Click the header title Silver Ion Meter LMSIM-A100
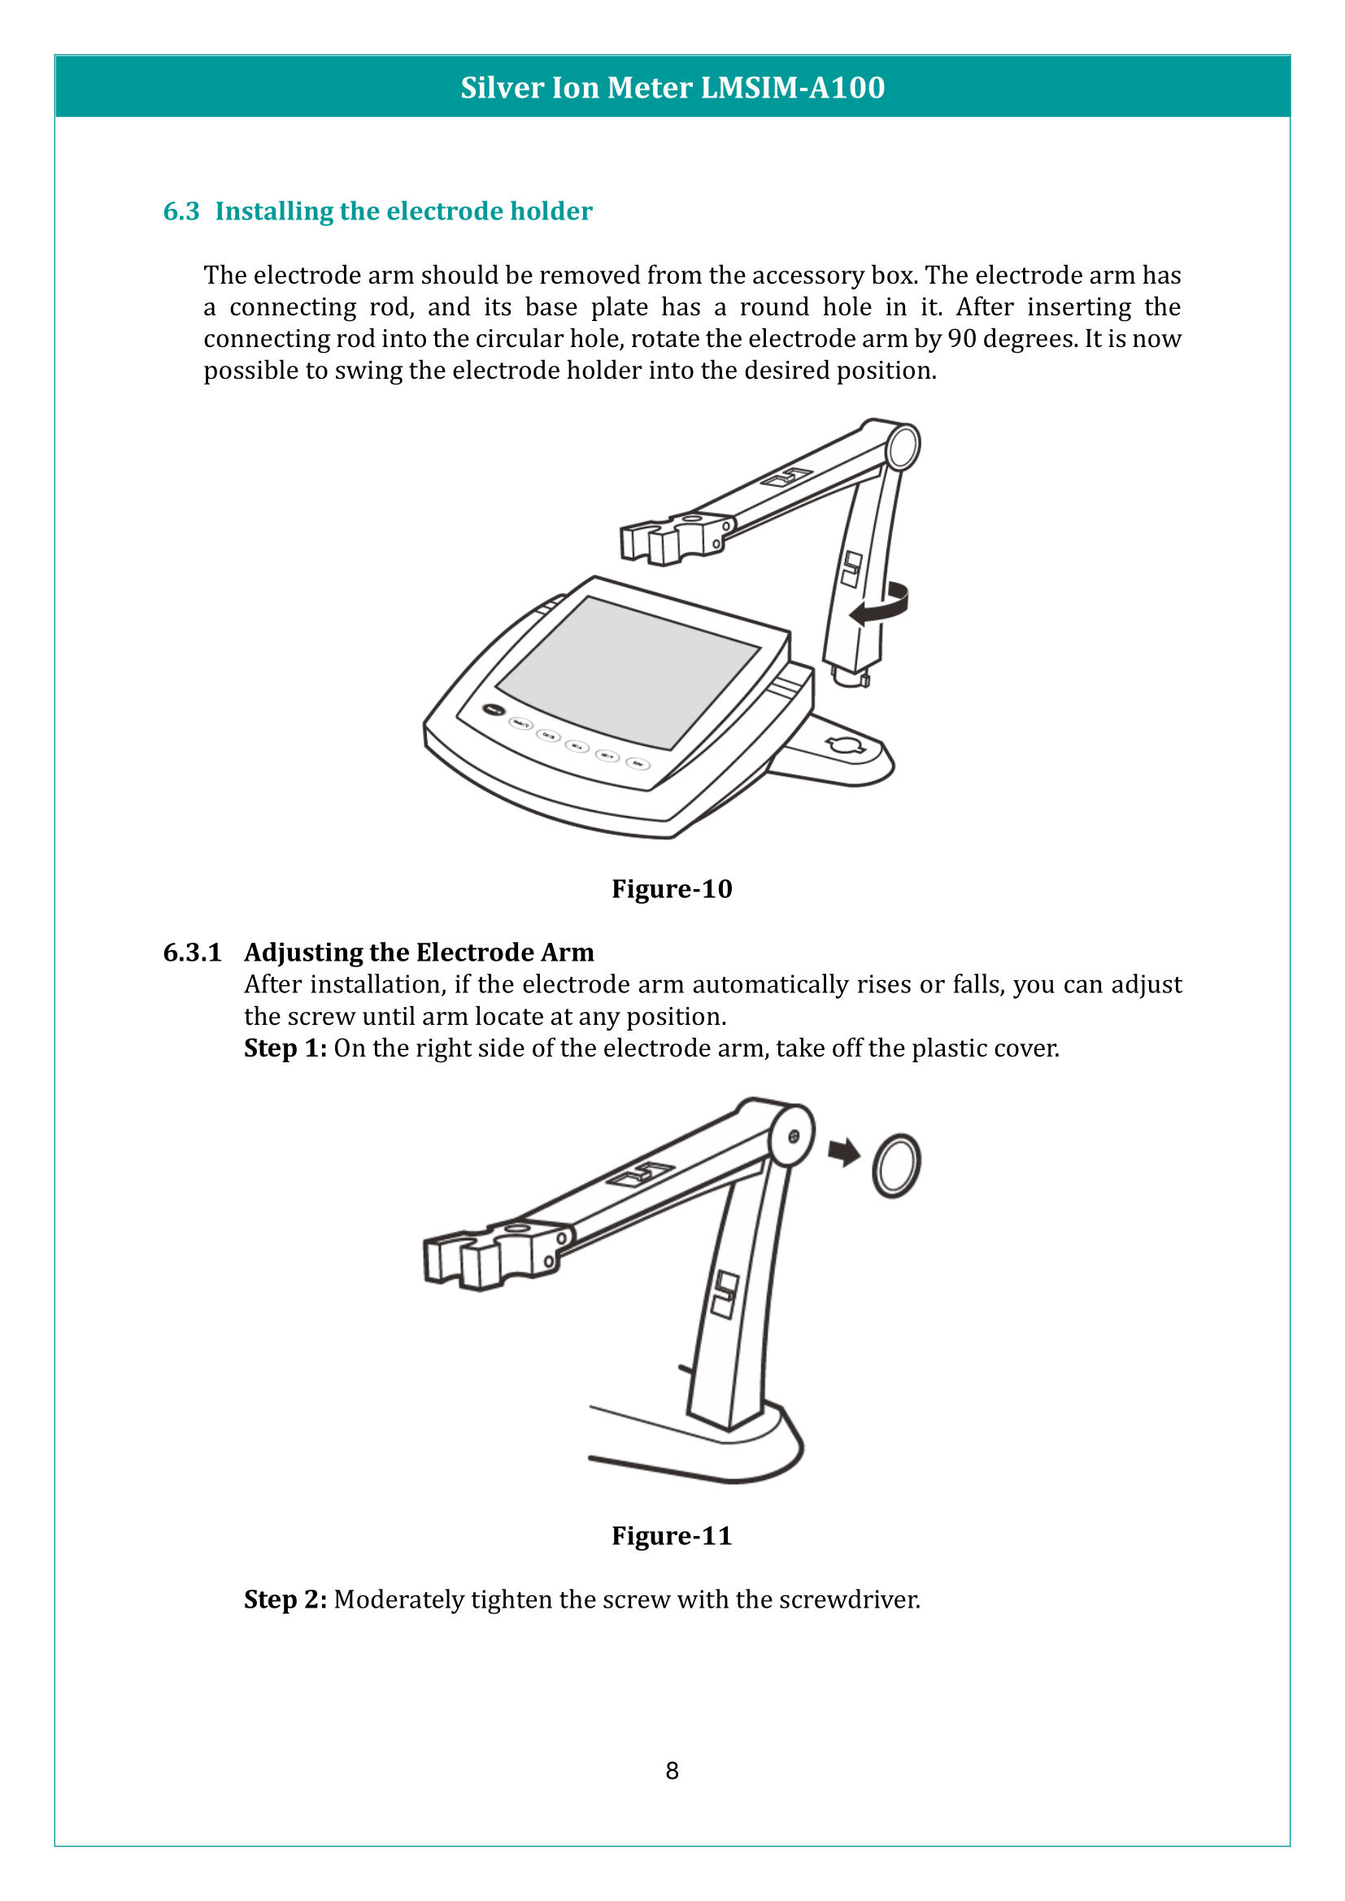[672, 87]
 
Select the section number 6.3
[181, 211]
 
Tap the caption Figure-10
[672, 888]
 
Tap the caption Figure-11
[672, 1535]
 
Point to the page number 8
[672, 1770]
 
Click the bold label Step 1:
[285, 1048]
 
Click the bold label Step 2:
[285, 1599]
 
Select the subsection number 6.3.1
[192, 953]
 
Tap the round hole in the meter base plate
[846, 745]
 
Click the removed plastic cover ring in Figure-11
[896, 1165]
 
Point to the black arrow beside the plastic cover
[844, 1151]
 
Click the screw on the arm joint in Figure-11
[794, 1137]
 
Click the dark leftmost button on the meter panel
[494, 710]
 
